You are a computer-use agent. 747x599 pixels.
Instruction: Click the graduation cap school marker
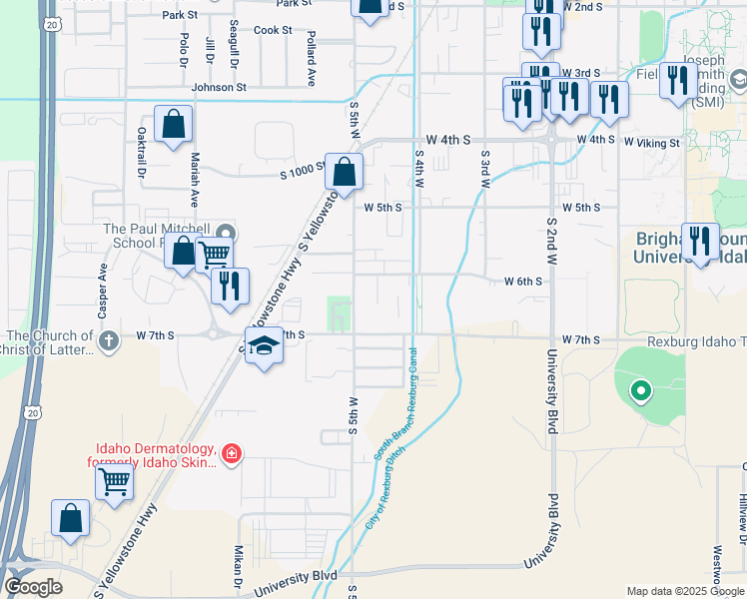263,346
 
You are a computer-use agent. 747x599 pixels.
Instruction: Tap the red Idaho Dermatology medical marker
232,454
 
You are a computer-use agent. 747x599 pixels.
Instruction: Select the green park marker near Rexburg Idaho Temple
640,390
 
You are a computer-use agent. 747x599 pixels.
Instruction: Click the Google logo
33,586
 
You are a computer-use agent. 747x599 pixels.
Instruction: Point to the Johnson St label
218,88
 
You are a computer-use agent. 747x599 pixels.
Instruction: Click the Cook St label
273,30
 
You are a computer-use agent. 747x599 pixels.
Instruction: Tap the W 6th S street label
523,282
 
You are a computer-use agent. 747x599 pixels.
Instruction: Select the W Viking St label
651,143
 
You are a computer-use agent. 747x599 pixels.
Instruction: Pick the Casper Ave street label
102,285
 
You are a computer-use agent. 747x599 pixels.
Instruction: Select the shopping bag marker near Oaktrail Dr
173,124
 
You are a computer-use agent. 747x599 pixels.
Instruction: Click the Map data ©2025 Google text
684,591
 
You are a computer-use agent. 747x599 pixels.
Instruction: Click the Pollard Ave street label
312,57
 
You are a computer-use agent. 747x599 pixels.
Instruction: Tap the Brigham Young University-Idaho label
689,248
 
